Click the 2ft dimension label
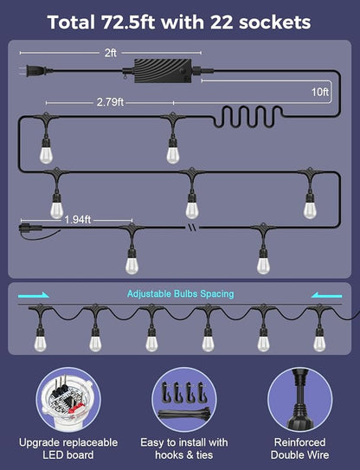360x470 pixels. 110,53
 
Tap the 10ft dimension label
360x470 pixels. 320,92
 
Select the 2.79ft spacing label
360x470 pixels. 110,102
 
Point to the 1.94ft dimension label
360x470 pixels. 78,220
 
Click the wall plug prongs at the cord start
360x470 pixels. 22,71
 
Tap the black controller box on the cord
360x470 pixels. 163,71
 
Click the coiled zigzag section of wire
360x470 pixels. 247,117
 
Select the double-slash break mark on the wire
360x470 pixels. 193,228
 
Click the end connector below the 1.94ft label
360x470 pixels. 26,228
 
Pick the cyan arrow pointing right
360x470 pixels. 34,295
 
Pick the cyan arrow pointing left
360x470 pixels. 326,295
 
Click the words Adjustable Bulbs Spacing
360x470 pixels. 181,293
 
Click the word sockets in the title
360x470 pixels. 275,23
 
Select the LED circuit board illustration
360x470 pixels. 68,399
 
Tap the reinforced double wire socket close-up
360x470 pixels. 299,399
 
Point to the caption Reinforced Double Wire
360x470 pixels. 299,448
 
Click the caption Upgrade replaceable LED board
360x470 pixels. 68,448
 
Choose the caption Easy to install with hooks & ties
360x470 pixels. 184,448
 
